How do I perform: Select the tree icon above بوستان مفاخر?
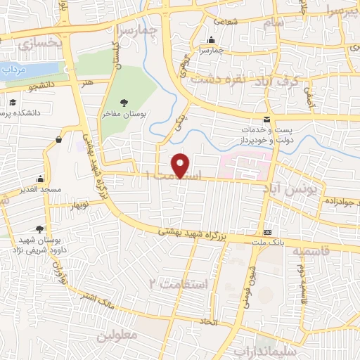click(x=124, y=102)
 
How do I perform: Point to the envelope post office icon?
click(x=266, y=120)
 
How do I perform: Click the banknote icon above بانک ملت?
click(x=267, y=232)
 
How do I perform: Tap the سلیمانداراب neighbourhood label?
click(x=303, y=350)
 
